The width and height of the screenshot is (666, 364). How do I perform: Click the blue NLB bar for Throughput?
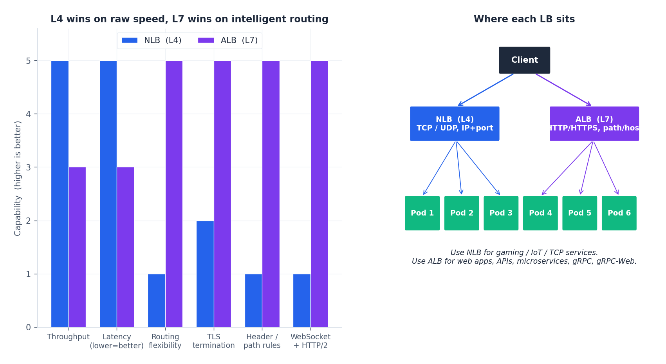pyautogui.click(x=60, y=194)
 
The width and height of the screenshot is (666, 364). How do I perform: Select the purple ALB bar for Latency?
pyautogui.click(x=126, y=247)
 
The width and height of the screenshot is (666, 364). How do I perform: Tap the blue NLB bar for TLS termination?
pyautogui.click(x=205, y=274)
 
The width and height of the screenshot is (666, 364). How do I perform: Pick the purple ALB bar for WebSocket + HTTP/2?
pyautogui.click(x=319, y=194)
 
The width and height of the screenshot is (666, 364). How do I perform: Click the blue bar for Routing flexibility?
pyautogui.click(x=156, y=301)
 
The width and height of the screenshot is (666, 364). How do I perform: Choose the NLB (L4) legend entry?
pyautogui.click(x=152, y=40)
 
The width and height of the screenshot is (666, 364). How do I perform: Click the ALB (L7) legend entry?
pyautogui.click(x=228, y=40)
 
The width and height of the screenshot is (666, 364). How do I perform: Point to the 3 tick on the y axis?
pyautogui.click(x=29, y=167)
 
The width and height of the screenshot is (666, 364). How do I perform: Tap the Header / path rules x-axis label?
pyautogui.click(x=262, y=341)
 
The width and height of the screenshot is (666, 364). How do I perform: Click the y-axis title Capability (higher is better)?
pyautogui.click(x=18, y=178)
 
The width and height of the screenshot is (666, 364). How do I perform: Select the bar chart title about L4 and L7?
pyautogui.click(x=190, y=19)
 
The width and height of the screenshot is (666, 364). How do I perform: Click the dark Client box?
pyautogui.click(x=524, y=60)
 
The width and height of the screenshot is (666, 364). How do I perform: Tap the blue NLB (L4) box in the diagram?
pyautogui.click(x=455, y=124)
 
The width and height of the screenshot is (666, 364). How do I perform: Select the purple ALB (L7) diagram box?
pyautogui.click(x=594, y=124)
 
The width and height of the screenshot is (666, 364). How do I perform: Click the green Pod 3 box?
pyautogui.click(x=501, y=213)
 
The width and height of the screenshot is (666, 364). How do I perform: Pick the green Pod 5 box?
pyautogui.click(x=579, y=213)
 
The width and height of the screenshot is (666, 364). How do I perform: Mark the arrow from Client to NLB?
pyautogui.click(x=486, y=90)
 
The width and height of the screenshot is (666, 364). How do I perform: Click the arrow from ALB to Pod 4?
pyautogui.click(x=567, y=168)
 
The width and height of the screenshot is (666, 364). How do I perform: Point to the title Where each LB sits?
pyautogui.click(x=524, y=19)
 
